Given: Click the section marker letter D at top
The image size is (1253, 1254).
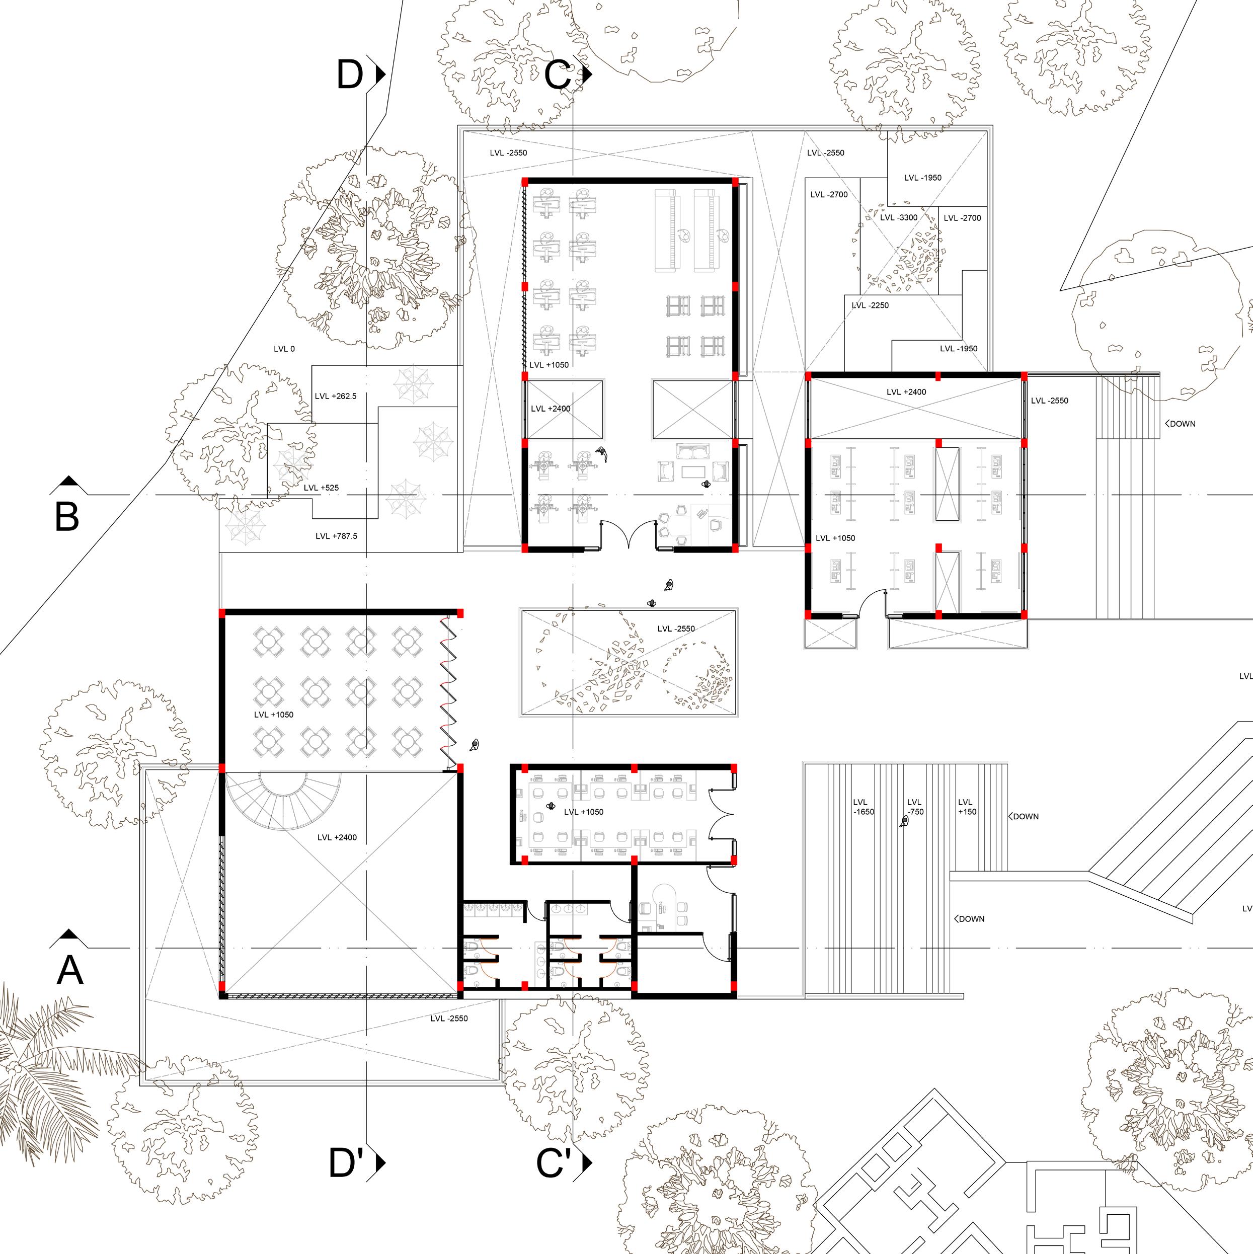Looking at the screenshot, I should [x=350, y=74].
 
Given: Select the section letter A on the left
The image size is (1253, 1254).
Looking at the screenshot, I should [x=69, y=970].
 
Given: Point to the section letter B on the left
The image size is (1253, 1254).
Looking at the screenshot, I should [x=67, y=517].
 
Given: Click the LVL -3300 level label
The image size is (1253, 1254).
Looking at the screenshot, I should [x=899, y=217].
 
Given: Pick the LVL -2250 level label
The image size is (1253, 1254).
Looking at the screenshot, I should [x=870, y=305].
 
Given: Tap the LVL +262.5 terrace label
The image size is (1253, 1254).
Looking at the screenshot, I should [x=335, y=396].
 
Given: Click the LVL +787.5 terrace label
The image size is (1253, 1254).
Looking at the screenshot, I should [x=336, y=536].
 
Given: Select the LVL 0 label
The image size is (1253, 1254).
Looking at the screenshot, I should [x=284, y=349].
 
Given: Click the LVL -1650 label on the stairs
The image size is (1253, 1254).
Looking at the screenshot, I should [x=863, y=807].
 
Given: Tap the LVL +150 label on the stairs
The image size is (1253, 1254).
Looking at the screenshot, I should [x=967, y=807].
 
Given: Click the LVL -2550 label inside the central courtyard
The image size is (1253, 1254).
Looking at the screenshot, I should [x=675, y=629].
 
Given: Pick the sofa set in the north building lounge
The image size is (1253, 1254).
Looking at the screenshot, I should [x=693, y=463].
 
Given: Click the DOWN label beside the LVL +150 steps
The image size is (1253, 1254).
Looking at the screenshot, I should [x=1025, y=817].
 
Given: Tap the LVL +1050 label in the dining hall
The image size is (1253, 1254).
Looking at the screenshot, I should [x=273, y=715].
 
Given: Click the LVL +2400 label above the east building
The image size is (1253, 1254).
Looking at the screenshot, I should [x=906, y=392].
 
